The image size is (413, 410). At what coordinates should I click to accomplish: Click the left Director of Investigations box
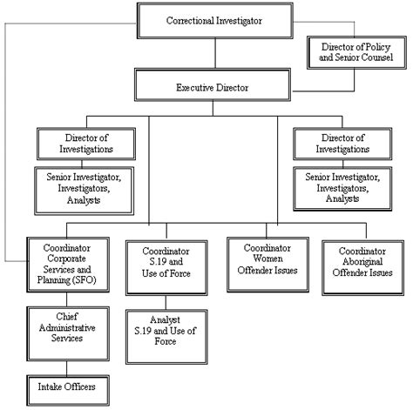click(x=87, y=143)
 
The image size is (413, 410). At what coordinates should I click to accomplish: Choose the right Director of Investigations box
click(x=343, y=143)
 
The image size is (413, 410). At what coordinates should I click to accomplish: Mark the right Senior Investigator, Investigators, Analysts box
click(x=343, y=187)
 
